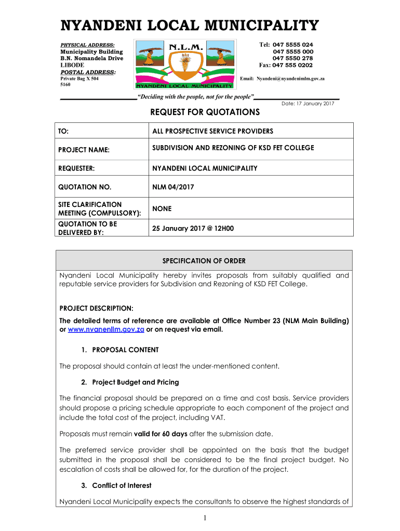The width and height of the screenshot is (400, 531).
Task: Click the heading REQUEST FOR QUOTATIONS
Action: click(205, 113)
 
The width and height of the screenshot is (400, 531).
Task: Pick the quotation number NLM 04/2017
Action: click(173, 187)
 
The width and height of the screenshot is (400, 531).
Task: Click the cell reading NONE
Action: click(162, 209)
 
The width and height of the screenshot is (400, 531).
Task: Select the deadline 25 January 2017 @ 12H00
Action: click(193, 228)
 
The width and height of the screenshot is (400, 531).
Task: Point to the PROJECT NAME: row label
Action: click(84, 150)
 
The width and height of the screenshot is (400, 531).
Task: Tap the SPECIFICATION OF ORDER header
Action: click(204, 261)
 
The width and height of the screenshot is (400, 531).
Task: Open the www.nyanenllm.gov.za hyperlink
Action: click(106, 330)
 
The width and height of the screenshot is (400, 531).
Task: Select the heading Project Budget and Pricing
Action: click(135, 382)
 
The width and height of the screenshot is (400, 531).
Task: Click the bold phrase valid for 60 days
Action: click(161, 434)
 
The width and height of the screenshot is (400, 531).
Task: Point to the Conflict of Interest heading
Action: click(122, 485)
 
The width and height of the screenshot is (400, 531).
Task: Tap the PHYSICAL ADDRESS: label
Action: click(87, 45)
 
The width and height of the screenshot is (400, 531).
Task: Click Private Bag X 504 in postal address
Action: click(79, 78)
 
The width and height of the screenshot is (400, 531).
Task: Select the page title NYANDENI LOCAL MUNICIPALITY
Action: click(189, 26)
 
